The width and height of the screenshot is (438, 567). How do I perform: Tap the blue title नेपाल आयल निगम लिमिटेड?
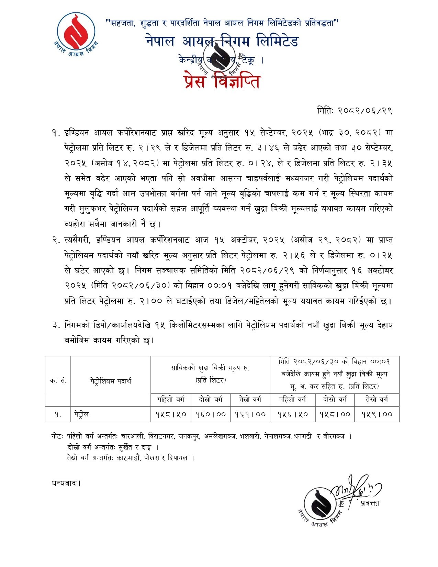click(222, 41)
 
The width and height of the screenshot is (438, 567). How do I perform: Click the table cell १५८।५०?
click(171, 414)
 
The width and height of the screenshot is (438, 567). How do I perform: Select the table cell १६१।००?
click(250, 414)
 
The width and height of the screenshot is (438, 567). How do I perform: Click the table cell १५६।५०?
click(292, 414)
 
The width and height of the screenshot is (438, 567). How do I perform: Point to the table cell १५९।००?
click(377, 414)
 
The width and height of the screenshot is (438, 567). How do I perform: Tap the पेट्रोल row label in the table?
click(81, 414)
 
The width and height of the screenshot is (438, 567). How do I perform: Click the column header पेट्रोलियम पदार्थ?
click(111, 381)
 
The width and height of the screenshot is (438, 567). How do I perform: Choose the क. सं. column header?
click(58, 381)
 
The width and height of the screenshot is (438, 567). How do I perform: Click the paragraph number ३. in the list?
click(56, 325)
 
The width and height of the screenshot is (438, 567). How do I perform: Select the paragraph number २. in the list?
click(56, 240)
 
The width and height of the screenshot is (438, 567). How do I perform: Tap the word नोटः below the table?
click(57, 436)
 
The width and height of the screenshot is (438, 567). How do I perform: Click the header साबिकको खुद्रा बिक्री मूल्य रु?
click(210, 368)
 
